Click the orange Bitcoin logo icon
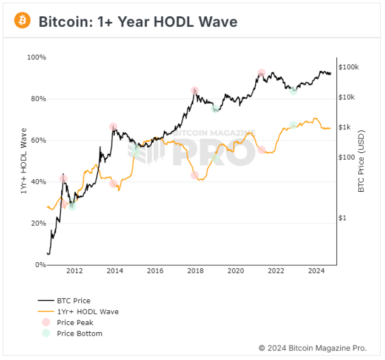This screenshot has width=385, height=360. coord(22,21)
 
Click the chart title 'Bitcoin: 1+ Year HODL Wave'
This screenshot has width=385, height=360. coord(138,21)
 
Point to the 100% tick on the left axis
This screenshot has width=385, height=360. coord(36,57)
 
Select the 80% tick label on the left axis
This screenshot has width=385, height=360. coord(38,98)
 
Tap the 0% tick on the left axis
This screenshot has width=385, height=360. coord(39,265)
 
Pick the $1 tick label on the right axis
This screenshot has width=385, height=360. coord(343,217)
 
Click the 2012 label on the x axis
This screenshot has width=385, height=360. coord(75,271)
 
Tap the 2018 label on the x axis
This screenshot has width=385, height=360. coord(195,271)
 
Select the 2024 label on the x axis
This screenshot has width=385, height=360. coord(316,271)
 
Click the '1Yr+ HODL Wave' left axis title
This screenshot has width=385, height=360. coord(24,161)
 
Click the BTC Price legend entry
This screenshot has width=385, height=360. coord(73,301)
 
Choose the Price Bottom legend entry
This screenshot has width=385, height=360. coord(79,333)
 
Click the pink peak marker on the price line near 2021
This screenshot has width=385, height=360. coord(261,73)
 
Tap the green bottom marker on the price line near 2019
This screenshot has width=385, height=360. coord(215,109)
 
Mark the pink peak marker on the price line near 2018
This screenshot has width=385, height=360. coord(195,91)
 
